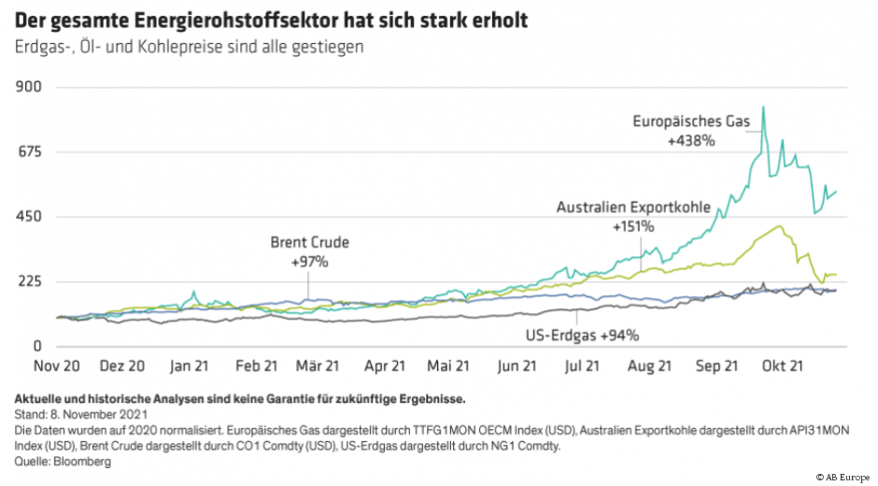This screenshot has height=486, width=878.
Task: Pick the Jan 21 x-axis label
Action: tap(189, 366)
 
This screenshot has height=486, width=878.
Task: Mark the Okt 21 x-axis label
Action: tap(785, 366)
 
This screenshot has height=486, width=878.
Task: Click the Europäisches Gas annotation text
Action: tap(690, 121)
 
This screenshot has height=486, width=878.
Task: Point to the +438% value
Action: tap(690, 140)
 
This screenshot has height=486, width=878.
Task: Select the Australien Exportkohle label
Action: tap(633, 207)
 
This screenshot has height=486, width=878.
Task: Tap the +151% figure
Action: tap(633, 226)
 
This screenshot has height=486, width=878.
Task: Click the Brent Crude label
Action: tap(309, 242)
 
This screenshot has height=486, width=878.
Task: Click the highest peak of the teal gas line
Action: tap(763, 107)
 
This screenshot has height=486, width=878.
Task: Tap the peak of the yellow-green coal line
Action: tap(778, 226)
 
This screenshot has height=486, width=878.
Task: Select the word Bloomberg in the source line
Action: tap(83, 461)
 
